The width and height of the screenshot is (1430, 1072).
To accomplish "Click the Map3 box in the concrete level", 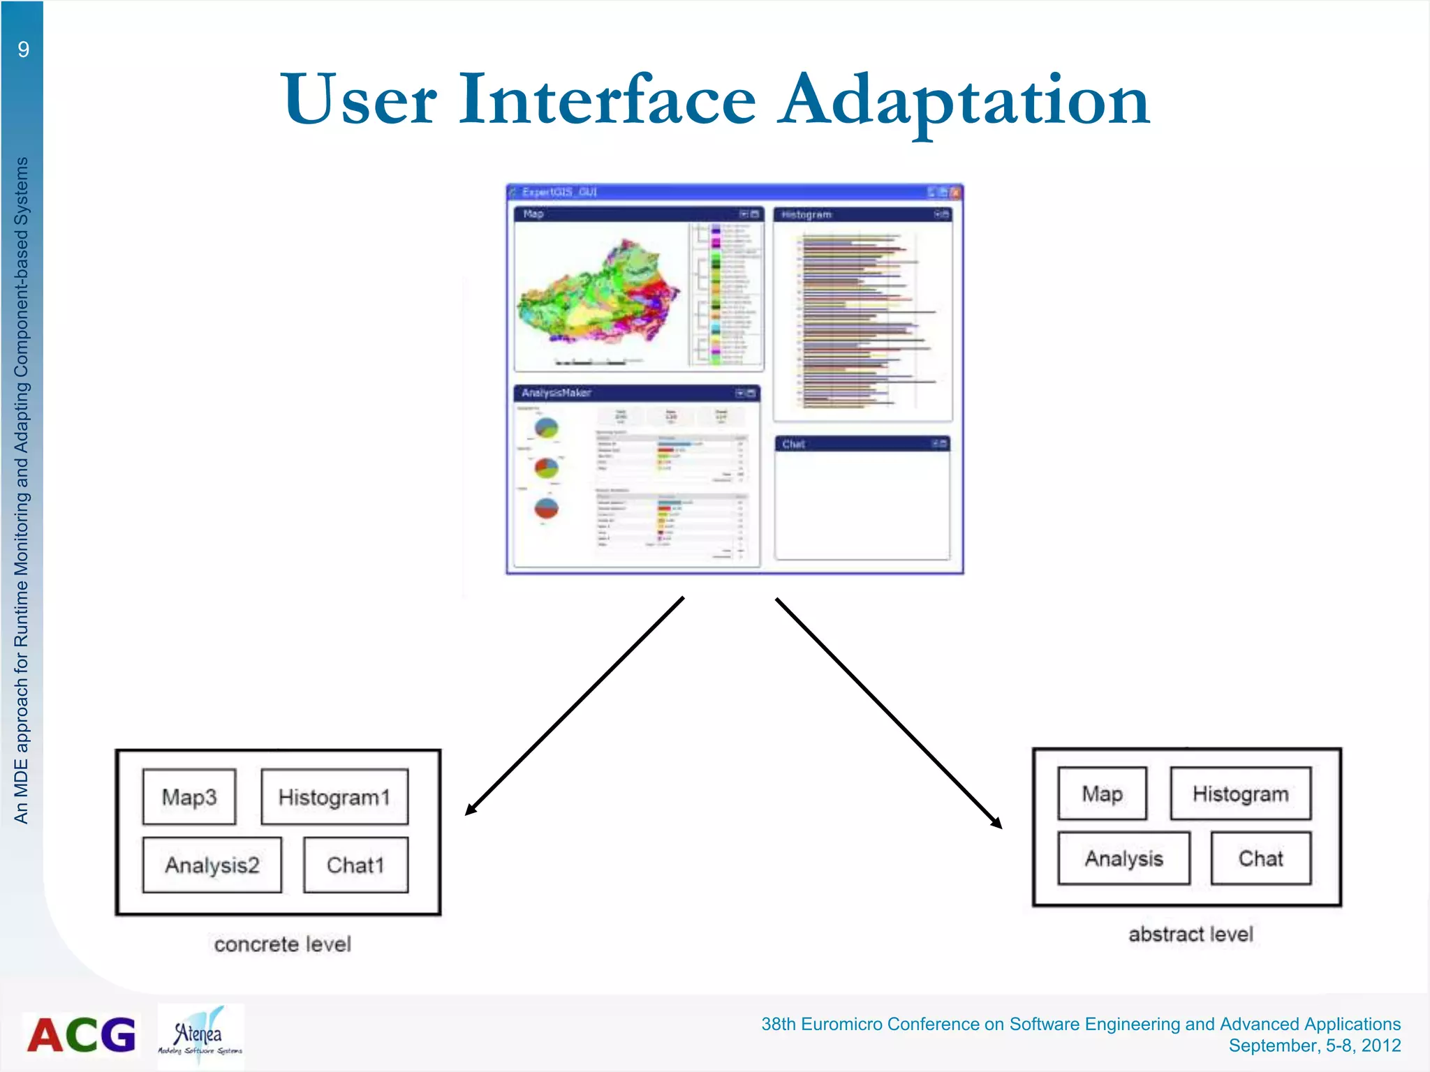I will coord(189,796).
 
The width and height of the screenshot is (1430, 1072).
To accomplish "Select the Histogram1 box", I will coord(334,796).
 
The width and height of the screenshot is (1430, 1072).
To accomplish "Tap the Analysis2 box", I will coord(212,865).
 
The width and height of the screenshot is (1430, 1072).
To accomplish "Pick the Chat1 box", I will coord(355,865).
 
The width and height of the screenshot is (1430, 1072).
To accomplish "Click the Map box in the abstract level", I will coord(1102,794).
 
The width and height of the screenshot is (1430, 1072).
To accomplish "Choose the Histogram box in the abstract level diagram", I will coord(1240,794).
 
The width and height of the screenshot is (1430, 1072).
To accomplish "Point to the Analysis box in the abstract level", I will coord(1123,858).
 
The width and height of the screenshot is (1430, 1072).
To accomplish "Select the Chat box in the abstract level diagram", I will coord(1260,858).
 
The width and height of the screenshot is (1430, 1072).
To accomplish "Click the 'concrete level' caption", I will coord(282,944).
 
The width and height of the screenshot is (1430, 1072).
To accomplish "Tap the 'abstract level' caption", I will coord(1191,934).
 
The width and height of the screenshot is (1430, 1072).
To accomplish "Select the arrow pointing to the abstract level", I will coord(888,712).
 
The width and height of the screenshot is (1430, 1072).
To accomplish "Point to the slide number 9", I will coord(24,50).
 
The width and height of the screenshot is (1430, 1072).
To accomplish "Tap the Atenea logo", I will coord(200,1036).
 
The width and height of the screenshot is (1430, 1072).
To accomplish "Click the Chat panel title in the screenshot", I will coord(794,444).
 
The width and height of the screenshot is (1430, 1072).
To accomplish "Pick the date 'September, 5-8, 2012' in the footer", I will coord(1314,1045).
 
